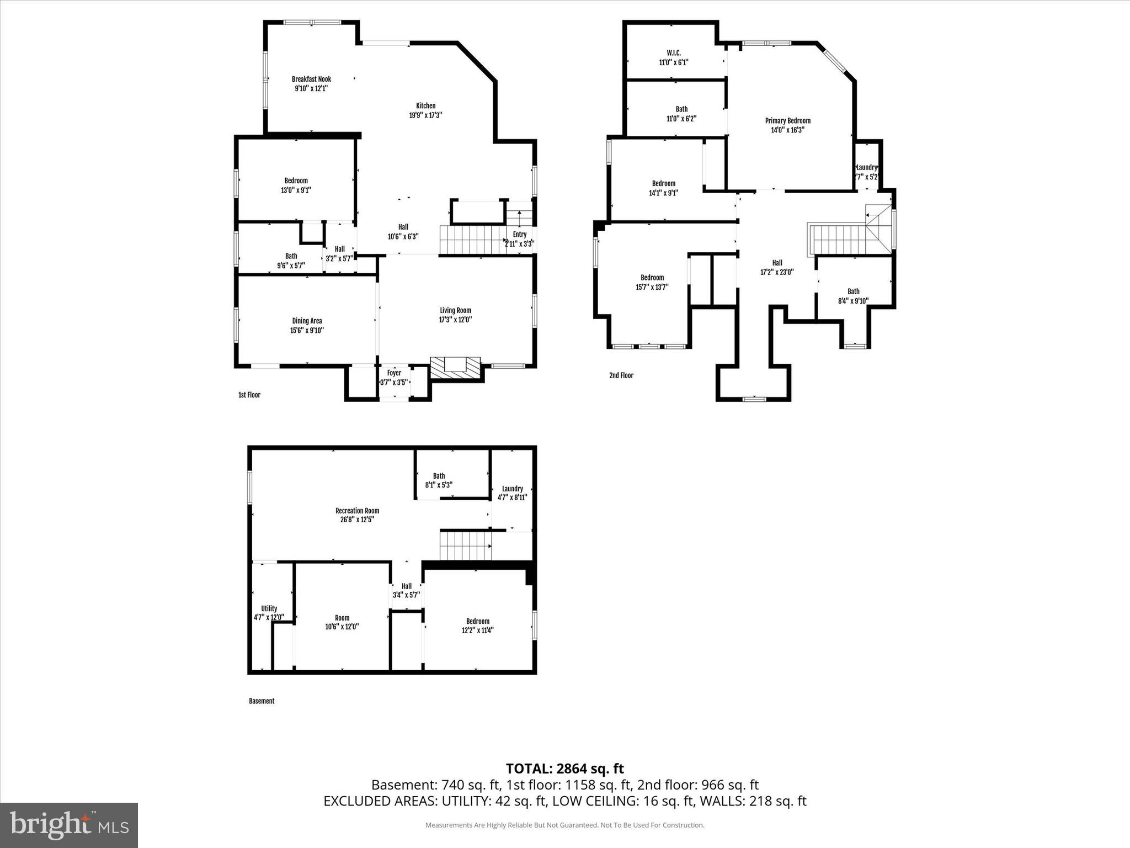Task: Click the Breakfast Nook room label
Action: click(311, 79)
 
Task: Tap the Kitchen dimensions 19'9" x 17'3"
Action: click(425, 115)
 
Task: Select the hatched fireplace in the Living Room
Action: click(455, 368)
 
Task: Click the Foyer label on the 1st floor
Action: click(394, 373)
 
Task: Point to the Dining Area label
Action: click(307, 321)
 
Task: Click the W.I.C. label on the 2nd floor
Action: click(673, 53)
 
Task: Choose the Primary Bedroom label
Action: click(787, 120)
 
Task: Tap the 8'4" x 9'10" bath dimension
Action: click(853, 301)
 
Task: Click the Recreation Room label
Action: click(357, 511)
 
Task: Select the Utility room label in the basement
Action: click(269, 608)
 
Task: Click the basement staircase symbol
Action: click(465, 545)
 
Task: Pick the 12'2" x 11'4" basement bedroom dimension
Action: click(477, 630)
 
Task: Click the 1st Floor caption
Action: click(249, 395)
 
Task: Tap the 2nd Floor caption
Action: click(621, 375)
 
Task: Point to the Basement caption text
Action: click(262, 701)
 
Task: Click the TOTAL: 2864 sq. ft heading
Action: click(564, 768)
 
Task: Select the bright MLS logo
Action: click(69, 825)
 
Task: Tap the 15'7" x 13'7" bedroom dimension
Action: click(652, 287)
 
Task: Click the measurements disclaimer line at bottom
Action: click(564, 825)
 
